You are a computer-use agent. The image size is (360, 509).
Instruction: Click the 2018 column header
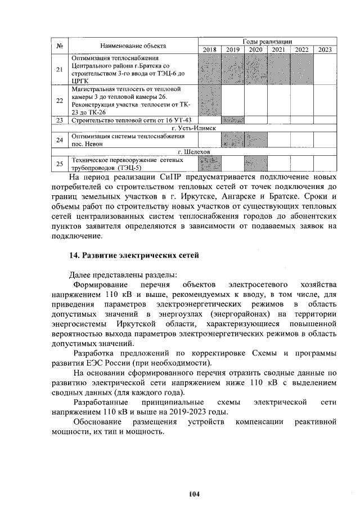pyautogui.click(x=210, y=50)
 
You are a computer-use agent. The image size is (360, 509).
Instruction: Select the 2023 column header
pyautogui.click(x=325, y=50)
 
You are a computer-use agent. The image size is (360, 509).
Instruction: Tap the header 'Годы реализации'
pyautogui.click(x=267, y=42)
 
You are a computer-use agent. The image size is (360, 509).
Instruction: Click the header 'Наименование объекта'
pyautogui.click(x=133, y=46)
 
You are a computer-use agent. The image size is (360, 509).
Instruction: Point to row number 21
pyautogui.click(x=60, y=69)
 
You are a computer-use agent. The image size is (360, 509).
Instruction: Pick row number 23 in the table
pyautogui.click(x=60, y=120)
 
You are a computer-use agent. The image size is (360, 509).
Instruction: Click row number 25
pyautogui.click(x=60, y=164)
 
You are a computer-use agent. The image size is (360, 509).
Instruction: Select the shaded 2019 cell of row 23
pyautogui.click(x=233, y=120)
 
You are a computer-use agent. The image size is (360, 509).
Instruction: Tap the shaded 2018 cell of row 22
pyautogui.click(x=210, y=100)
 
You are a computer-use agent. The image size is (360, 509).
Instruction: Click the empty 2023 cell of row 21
pyautogui.click(x=325, y=69)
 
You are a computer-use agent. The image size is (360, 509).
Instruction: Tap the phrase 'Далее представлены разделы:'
pyautogui.click(x=123, y=274)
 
